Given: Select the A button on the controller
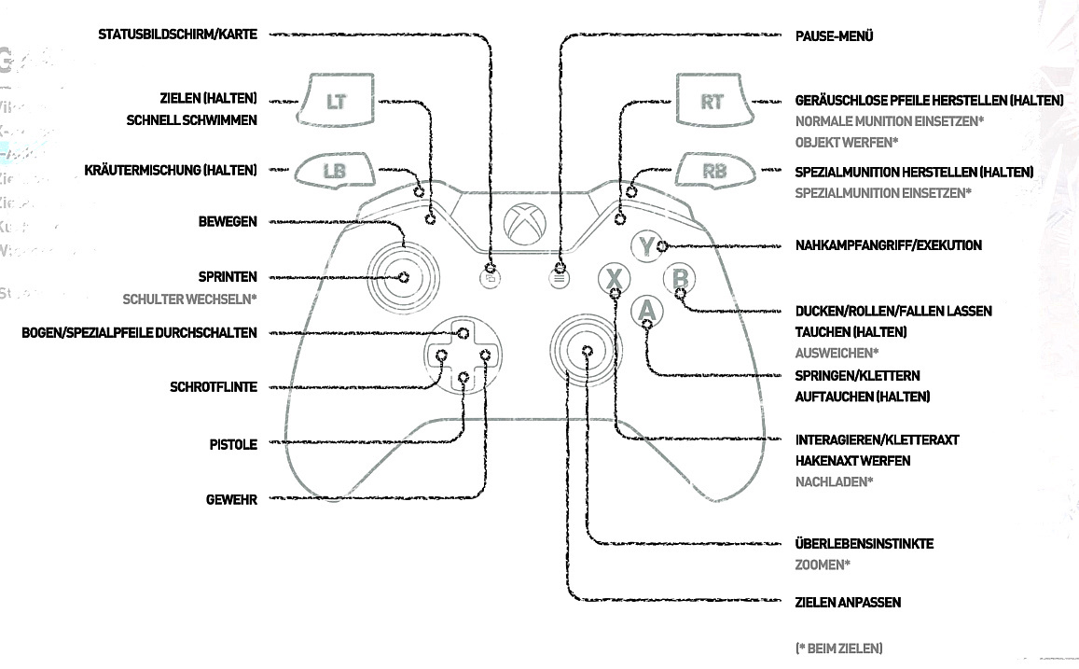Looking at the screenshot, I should coord(646,311).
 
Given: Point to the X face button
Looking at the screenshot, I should coord(614,279).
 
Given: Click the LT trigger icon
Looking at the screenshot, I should coord(335,101).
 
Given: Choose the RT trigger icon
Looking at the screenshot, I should coord(712,101).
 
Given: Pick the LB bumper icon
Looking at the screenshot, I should coord(334,171).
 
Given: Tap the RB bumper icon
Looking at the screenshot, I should coord(714,171).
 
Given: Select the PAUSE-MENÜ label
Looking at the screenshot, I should coord(835,35).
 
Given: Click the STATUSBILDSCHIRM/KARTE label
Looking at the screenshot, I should coord(177,35).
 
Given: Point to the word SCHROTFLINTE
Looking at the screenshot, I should coord(214,387).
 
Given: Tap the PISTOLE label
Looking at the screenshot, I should coord(233,444).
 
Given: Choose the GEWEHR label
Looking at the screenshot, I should coord(231,499).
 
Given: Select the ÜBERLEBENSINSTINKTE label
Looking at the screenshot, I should coord(864,543).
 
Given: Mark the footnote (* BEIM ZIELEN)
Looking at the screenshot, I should coord(838,648).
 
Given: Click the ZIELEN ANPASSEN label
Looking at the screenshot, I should coord(848,602).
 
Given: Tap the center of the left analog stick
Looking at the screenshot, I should coord(404,276).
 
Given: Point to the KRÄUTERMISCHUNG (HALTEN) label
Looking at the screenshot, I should coord(170,170).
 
